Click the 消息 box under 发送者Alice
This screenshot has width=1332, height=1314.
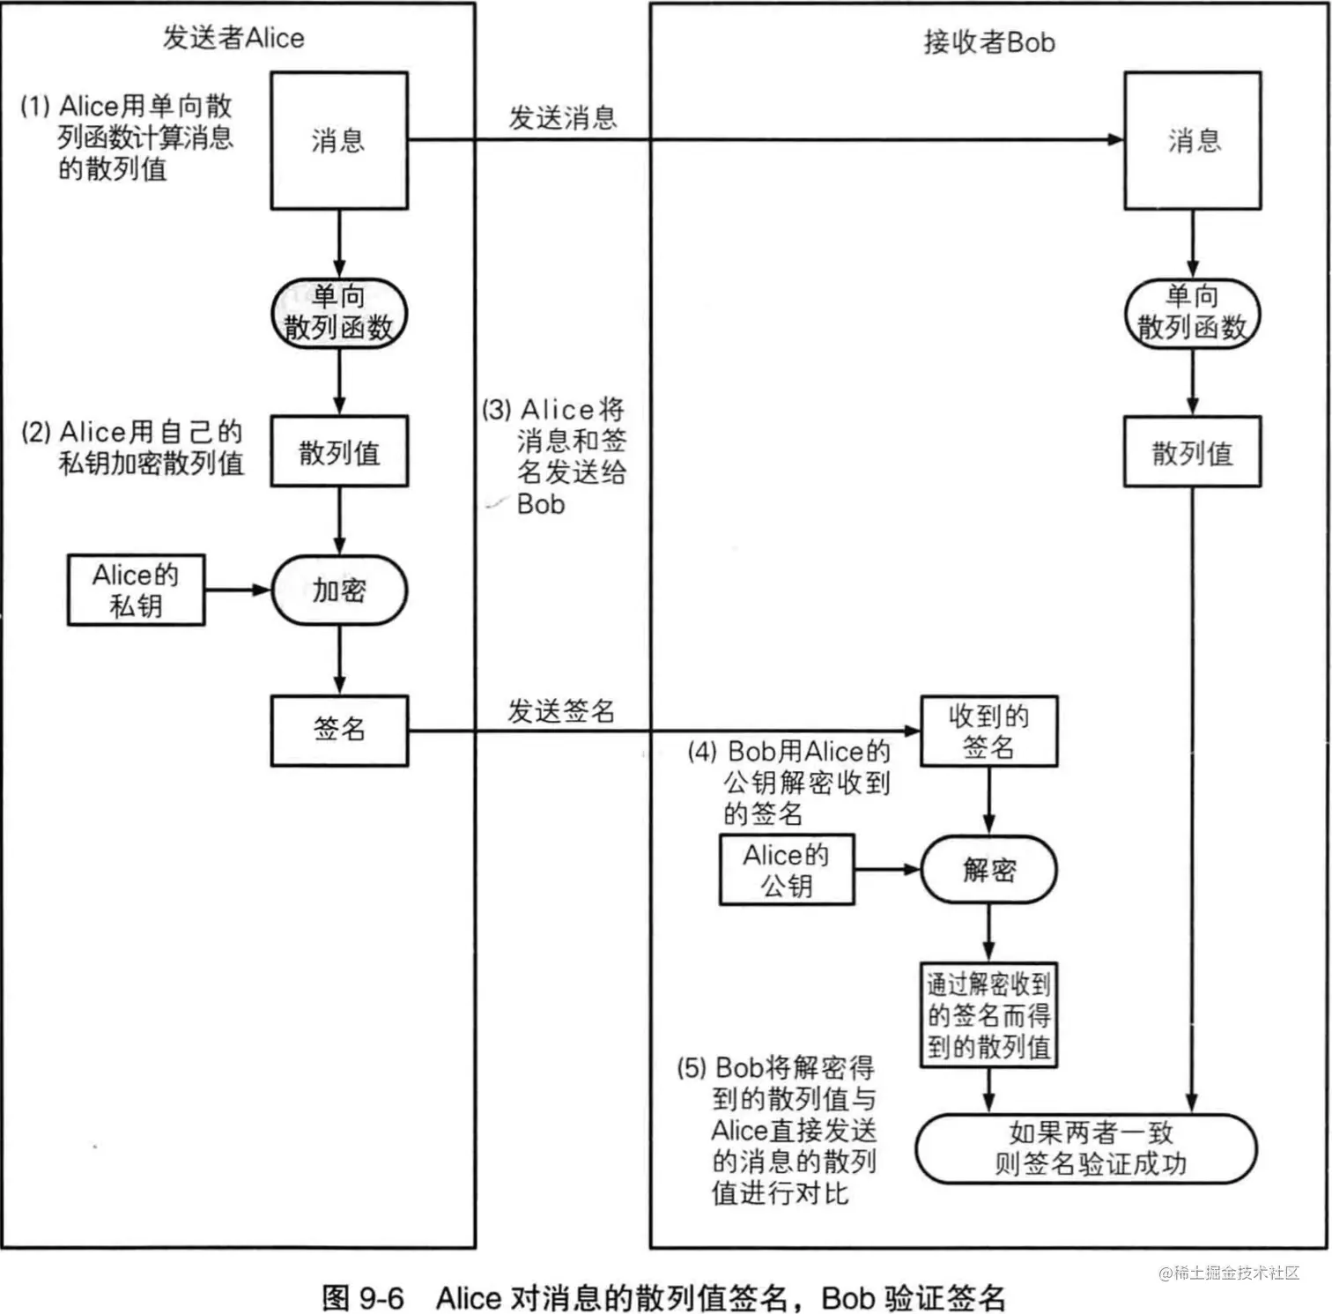[x=338, y=141]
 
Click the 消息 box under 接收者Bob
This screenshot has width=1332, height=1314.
[x=1192, y=141]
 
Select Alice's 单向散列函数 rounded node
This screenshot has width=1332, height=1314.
[x=338, y=313]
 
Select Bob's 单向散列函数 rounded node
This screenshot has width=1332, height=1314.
[x=1192, y=313]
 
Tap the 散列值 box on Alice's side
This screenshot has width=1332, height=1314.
[x=339, y=452]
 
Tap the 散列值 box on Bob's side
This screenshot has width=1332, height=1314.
[x=1192, y=452]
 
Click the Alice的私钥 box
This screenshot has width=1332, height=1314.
[x=136, y=590]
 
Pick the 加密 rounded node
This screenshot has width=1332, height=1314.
[x=339, y=590]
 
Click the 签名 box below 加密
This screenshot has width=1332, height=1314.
[x=339, y=730]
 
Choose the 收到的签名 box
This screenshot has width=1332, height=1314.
[x=988, y=731]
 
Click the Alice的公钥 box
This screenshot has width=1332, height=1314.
[x=787, y=869]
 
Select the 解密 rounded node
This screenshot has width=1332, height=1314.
[x=988, y=870]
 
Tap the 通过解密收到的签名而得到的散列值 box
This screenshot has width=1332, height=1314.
[x=988, y=1014]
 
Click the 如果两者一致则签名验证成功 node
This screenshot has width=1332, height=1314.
[x=1087, y=1148]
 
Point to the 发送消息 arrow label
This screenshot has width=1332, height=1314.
[x=562, y=117]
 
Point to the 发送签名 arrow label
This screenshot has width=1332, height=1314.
[x=560, y=711]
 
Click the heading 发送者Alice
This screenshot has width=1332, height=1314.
[x=233, y=38]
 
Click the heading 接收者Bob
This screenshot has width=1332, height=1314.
[x=988, y=41]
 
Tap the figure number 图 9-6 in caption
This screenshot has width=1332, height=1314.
[x=363, y=1297]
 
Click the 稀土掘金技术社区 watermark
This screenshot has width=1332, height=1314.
[x=1229, y=1273]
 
